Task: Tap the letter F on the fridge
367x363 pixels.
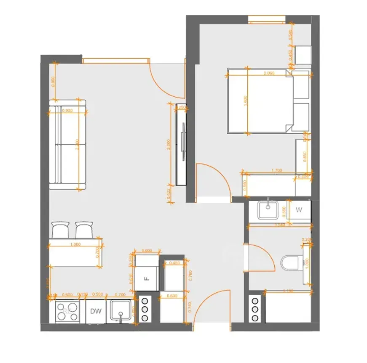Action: coord(146,278)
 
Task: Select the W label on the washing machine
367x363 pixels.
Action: coord(299,209)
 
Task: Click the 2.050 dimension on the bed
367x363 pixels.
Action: coord(269,73)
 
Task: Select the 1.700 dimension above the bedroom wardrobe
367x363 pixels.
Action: coord(277,170)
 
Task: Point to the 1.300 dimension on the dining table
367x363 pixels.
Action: coord(76,244)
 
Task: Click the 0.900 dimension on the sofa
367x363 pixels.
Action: coord(67,111)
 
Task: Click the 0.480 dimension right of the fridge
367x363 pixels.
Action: coord(174,263)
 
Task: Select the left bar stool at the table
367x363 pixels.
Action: coord(60,230)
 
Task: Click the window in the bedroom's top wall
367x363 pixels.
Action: coord(266,19)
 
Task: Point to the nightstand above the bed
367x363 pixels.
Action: coord(303,55)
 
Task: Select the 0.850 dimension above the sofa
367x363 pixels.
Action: coord(53,81)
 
